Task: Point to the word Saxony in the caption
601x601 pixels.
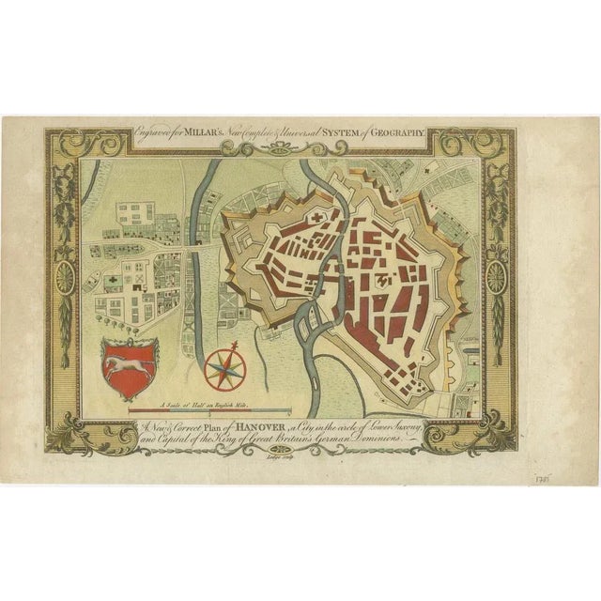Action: coord(405,425)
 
